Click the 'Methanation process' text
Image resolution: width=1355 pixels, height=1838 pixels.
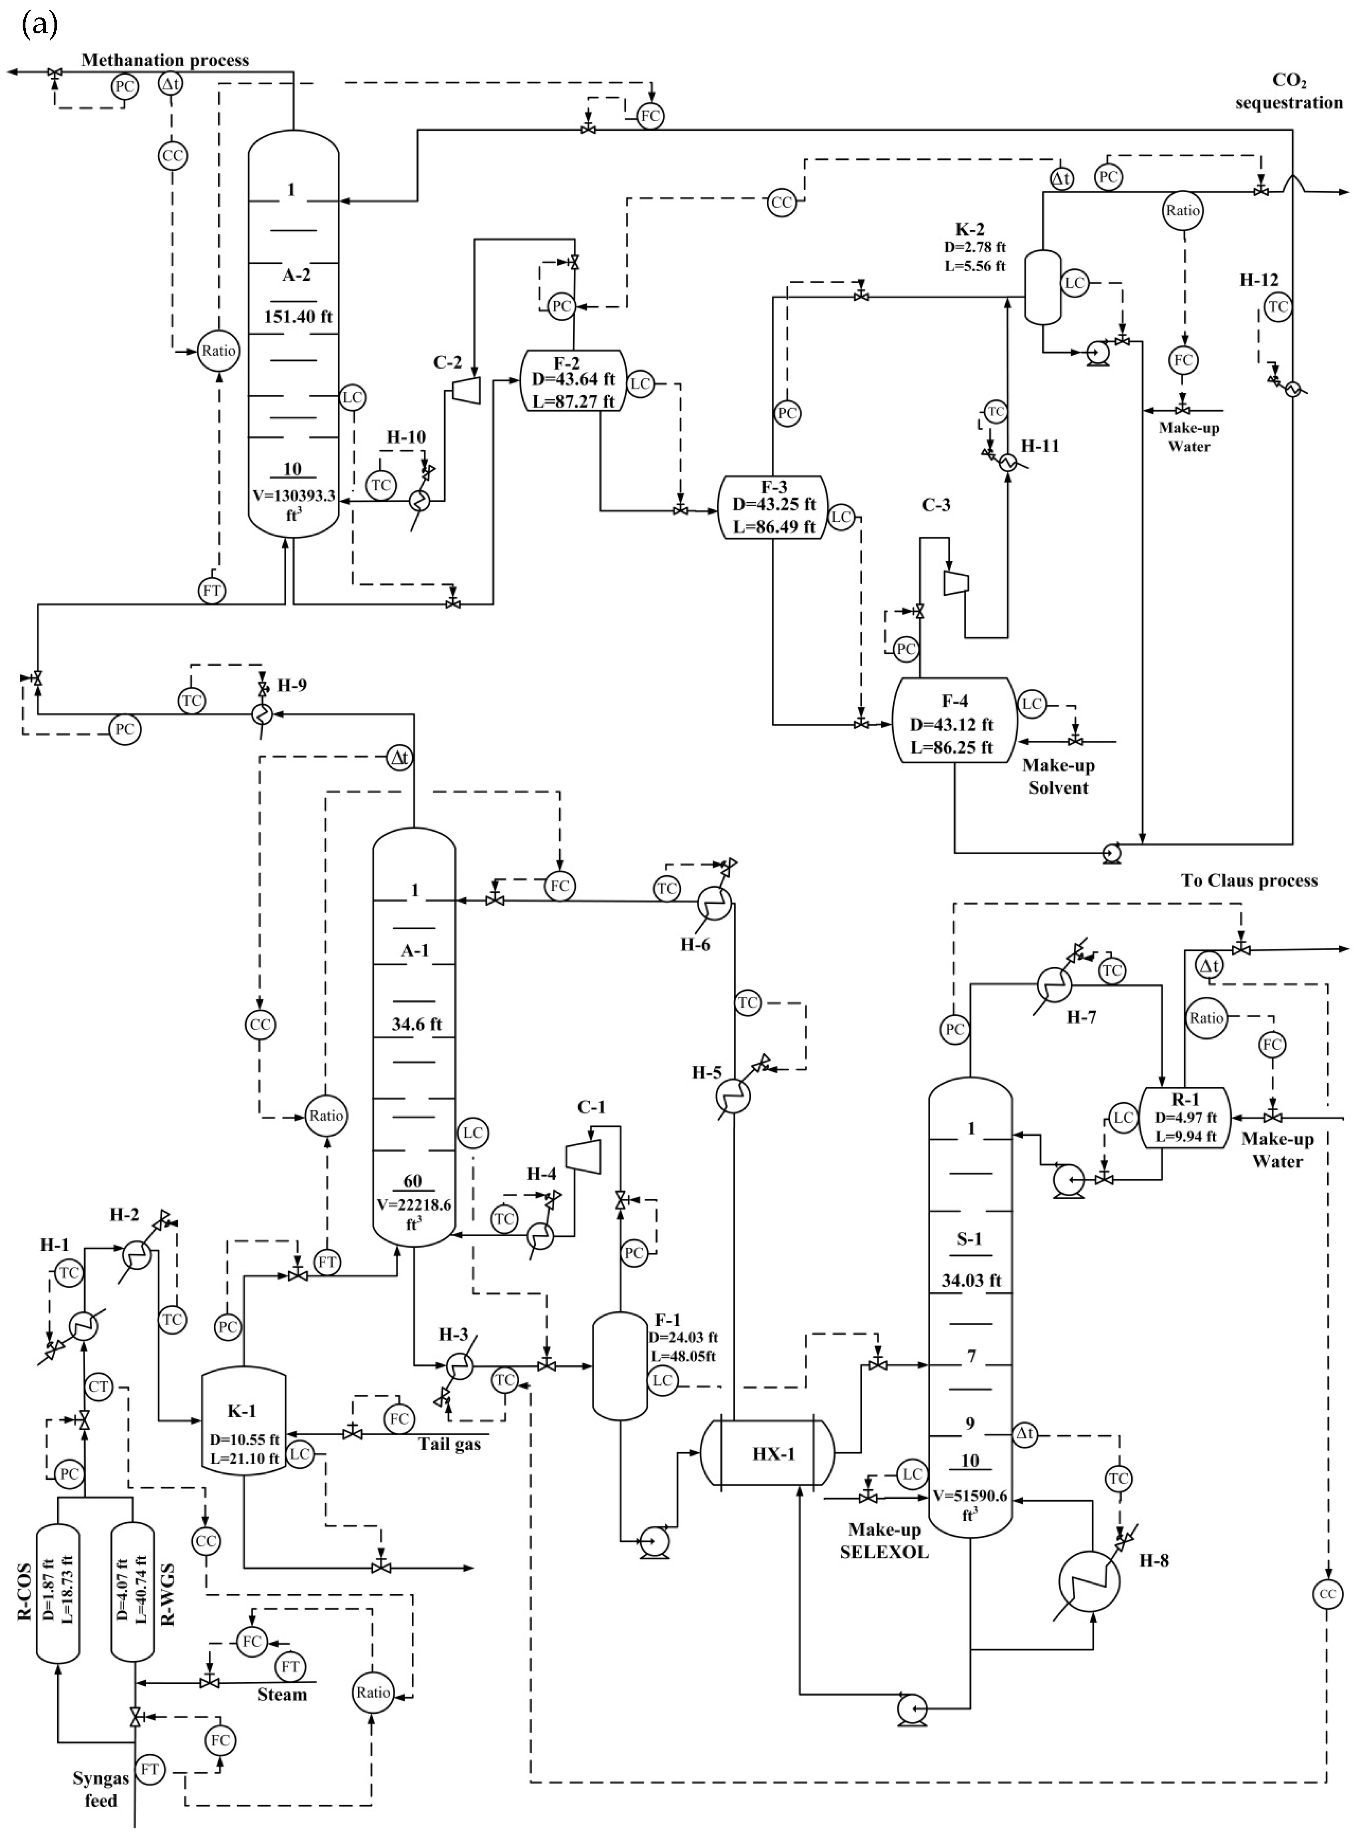pos(165,60)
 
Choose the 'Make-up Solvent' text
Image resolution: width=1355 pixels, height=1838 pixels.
pos(1058,776)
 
